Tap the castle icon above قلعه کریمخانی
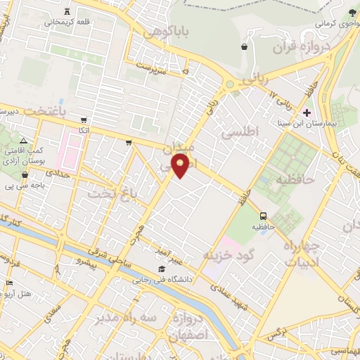point(67,12)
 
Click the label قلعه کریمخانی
point(67,22)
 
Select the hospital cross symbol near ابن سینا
point(307,112)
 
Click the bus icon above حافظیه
point(263,216)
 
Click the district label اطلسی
point(240,131)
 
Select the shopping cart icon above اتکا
point(84,120)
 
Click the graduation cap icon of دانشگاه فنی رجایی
point(162,269)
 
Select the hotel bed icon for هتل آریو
point(8,283)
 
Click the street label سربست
point(150,69)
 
